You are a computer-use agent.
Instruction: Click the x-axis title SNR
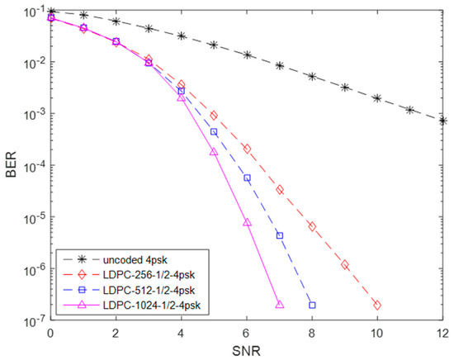point(247,351)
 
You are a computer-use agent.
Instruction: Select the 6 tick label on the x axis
point(247,334)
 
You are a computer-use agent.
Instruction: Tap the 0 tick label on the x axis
point(51,334)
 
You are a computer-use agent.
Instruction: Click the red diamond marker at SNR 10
point(377,306)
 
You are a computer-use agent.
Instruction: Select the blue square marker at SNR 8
point(312,306)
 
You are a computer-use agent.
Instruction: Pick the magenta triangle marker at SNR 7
point(280,305)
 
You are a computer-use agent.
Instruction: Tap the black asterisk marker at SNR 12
point(443,121)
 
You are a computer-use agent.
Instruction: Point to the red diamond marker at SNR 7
point(280,190)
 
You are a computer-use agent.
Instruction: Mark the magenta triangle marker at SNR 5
point(214,152)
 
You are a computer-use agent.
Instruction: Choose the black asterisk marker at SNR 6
point(247,54)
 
